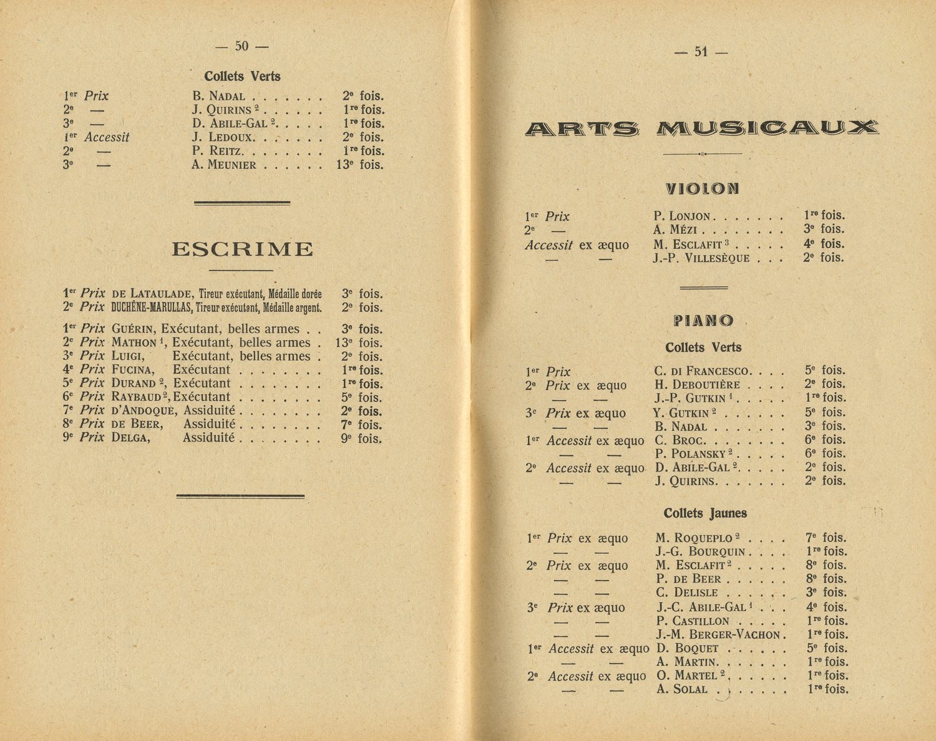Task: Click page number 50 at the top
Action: click(241, 46)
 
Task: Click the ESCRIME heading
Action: click(242, 249)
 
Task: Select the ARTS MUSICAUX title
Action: click(701, 128)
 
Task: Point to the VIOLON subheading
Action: click(702, 188)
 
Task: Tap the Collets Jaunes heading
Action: click(705, 513)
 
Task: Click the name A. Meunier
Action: click(224, 165)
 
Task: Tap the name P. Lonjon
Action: click(682, 216)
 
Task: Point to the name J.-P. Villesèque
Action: click(701, 258)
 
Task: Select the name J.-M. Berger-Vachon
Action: click(718, 635)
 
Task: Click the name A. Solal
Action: click(682, 689)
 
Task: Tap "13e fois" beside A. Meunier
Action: click(359, 165)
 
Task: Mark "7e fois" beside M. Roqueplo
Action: click(826, 538)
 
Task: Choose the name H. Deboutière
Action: click(697, 385)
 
